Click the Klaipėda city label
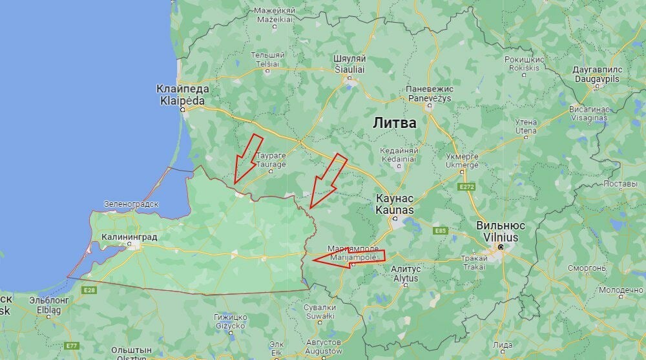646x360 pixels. pyautogui.click(x=182, y=95)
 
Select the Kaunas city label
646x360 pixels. pyautogui.click(x=395, y=205)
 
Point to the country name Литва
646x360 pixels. pyautogui.click(x=394, y=122)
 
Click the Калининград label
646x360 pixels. pyautogui.click(x=130, y=237)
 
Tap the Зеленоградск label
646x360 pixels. pyautogui.click(x=131, y=204)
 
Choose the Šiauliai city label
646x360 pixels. pyautogui.click(x=349, y=63)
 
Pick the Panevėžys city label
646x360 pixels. pyautogui.click(x=430, y=93)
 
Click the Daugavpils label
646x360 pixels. pyautogui.click(x=597, y=74)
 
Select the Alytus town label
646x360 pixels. pyautogui.click(x=406, y=273)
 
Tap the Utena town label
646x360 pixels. pyautogui.click(x=526, y=126)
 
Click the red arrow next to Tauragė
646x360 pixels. pyautogui.click(x=247, y=158)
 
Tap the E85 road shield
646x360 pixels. pyautogui.click(x=441, y=231)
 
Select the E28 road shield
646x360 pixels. pyautogui.click(x=90, y=290)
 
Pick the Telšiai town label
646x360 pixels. pyautogui.click(x=267, y=60)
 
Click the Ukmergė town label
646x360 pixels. pyautogui.click(x=462, y=160)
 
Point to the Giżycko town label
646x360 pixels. pyautogui.click(x=231, y=321)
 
